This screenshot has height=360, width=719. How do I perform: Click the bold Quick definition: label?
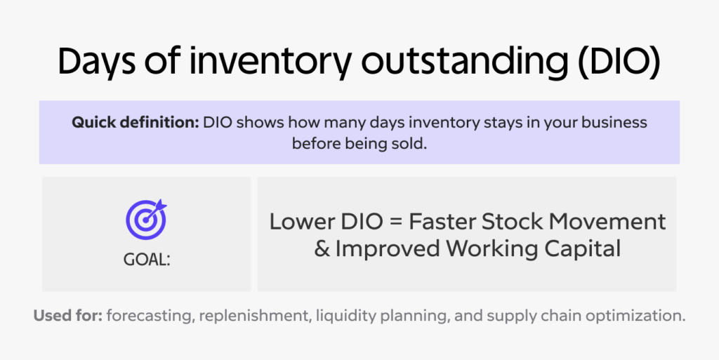click(x=135, y=122)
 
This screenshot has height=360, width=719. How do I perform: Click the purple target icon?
click(x=146, y=219)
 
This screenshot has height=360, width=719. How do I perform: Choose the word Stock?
click(x=515, y=222)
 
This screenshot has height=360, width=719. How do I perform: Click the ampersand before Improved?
click(x=322, y=248)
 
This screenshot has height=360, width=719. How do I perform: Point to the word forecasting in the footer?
click(x=148, y=316)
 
